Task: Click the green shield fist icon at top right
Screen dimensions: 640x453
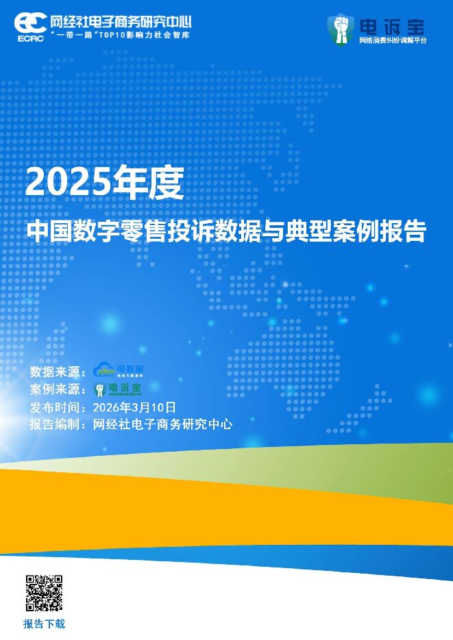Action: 341,29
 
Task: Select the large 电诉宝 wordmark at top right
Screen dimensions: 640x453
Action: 391,26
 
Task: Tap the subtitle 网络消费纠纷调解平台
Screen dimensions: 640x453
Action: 392,40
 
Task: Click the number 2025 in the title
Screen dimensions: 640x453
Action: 67,183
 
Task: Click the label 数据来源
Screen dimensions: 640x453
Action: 55,372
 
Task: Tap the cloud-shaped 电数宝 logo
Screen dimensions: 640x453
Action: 118,370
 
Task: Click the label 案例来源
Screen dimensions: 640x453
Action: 55,389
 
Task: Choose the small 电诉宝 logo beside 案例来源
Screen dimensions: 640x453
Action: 117,389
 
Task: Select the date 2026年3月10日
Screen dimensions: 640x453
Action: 138,407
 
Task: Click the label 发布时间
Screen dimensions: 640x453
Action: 55,407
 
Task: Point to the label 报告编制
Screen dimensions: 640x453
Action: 55,424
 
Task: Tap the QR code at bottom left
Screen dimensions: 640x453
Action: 45,593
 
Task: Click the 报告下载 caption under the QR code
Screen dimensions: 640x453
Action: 45,624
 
